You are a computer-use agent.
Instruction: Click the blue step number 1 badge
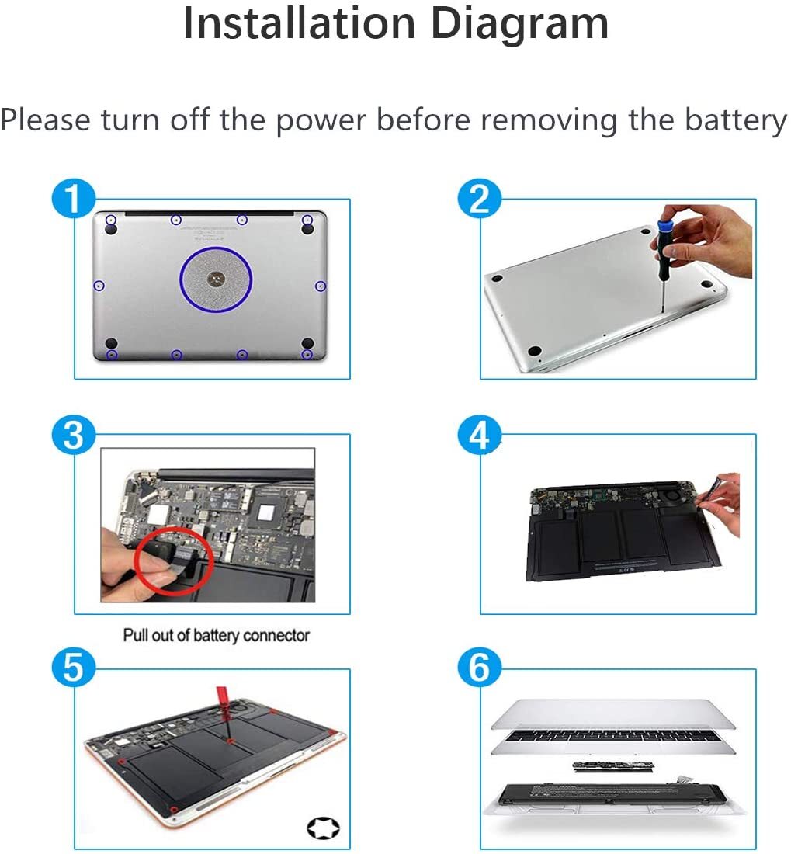pyautogui.click(x=74, y=199)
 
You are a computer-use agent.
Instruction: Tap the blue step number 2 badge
pyautogui.click(x=479, y=199)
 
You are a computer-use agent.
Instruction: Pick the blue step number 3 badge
pyautogui.click(x=74, y=435)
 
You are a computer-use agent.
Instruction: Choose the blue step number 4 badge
pyautogui.click(x=479, y=435)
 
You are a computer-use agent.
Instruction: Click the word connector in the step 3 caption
pyautogui.click(x=276, y=636)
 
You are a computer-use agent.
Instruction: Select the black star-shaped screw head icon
pyautogui.click(x=323, y=828)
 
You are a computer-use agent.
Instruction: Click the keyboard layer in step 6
pyautogui.click(x=612, y=741)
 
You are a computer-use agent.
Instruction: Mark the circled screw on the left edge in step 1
pyautogui.click(x=99, y=286)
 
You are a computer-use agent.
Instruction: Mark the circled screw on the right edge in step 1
pyautogui.click(x=321, y=286)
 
